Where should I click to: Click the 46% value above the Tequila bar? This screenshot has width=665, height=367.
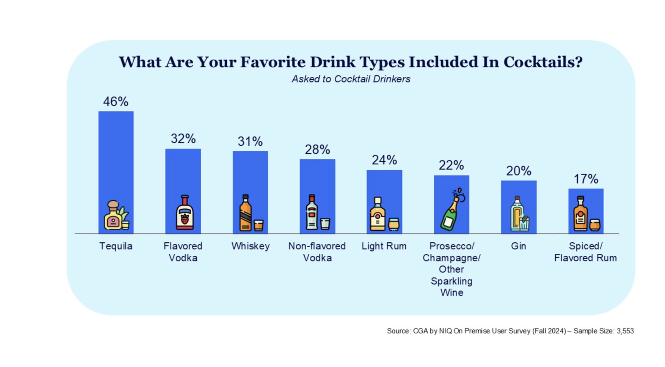point(116,102)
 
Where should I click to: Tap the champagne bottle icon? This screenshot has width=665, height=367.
point(451,210)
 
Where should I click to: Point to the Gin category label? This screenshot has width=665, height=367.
point(518,246)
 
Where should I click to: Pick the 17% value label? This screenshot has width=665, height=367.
point(586,179)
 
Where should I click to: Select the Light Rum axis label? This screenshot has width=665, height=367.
point(384,246)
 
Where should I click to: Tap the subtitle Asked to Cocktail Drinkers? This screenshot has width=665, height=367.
point(351,79)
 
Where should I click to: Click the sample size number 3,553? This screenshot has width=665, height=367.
point(625,331)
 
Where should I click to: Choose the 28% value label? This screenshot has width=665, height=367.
point(317,150)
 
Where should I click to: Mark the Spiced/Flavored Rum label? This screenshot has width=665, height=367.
point(585,252)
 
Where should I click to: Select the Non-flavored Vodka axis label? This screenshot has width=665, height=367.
point(317,252)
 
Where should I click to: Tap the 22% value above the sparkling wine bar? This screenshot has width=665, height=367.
point(451,165)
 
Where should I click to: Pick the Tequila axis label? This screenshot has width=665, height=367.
point(116,246)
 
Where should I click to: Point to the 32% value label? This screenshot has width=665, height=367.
point(183,139)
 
